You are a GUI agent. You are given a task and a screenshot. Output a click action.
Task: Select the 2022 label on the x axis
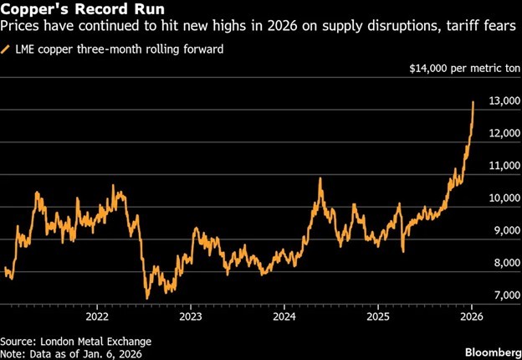coord(96,317)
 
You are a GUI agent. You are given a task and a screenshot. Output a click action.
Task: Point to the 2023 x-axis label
coord(190,317)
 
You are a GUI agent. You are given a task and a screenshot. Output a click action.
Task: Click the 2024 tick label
coord(284,317)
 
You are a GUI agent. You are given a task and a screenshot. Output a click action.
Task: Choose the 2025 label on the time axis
coord(377,317)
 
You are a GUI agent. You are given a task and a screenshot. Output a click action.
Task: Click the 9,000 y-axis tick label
coord(501,230)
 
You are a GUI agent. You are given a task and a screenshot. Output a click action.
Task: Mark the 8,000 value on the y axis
coord(501,263)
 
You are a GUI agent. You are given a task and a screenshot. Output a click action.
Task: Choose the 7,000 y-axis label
coord(501,295)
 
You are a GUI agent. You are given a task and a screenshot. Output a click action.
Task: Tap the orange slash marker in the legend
coord(7,50)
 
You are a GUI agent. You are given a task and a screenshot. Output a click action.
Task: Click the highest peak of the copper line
coord(473,102)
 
